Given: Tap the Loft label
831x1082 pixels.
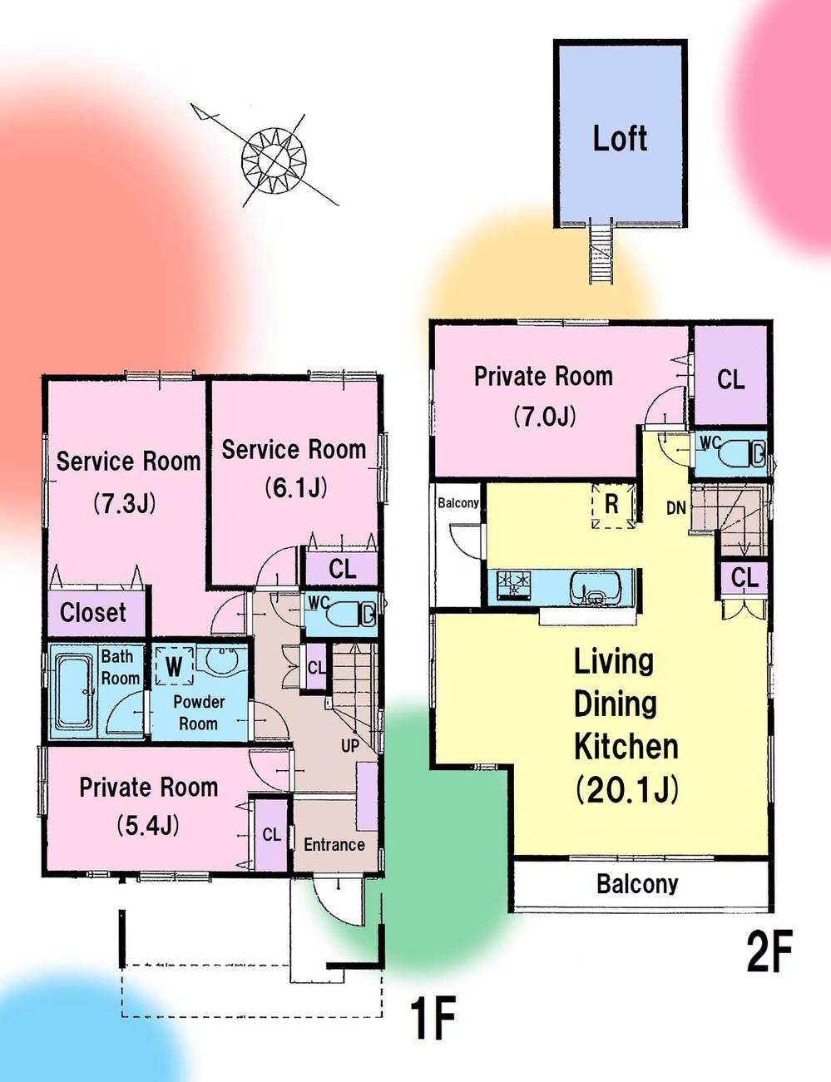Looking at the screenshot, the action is (620, 138).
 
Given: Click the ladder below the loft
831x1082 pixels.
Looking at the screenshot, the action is (600, 254).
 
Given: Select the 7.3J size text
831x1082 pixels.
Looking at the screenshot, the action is (125, 503).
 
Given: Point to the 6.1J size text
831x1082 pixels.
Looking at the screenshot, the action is (296, 487).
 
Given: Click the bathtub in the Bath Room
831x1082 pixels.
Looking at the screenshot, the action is (74, 690).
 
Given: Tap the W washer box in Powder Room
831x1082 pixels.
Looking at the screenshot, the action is (174, 666).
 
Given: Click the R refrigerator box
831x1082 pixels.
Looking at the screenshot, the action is (613, 505).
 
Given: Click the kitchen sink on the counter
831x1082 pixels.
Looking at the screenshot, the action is (596, 587).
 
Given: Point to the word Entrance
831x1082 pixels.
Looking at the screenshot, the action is (334, 844).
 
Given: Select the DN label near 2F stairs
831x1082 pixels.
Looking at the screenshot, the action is (676, 508).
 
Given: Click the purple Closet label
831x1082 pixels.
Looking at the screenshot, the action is (93, 612).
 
